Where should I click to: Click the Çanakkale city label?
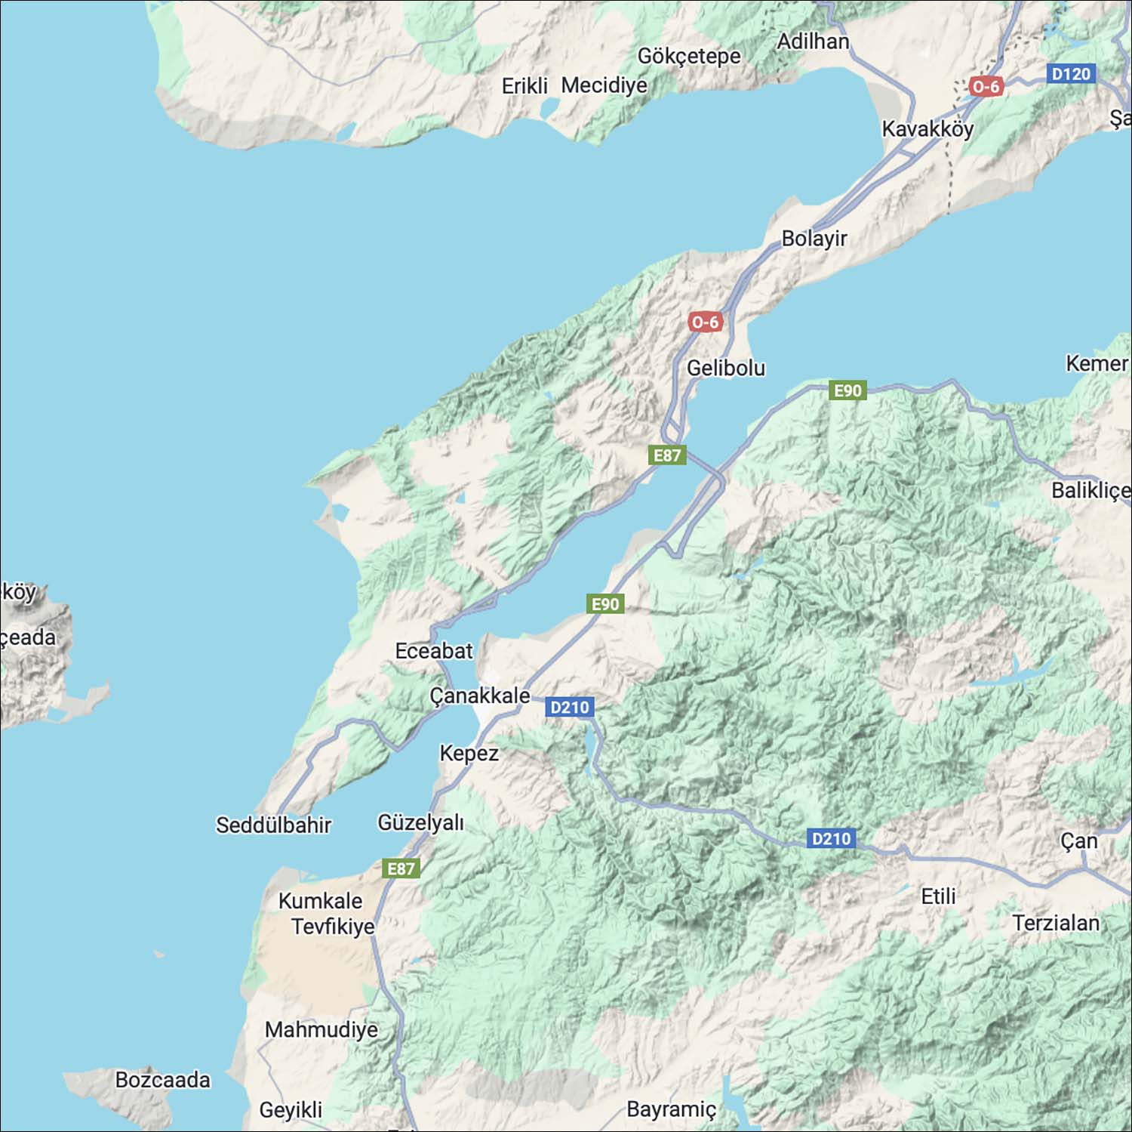click(x=480, y=695)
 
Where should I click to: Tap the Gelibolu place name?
click(x=725, y=368)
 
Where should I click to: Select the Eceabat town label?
click(x=434, y=650)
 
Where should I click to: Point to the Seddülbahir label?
click(x=273, y=825)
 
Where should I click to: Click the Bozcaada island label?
click(x=162, y=1079)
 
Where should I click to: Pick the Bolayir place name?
click(x=814, y=239)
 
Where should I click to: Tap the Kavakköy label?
click(x=927, y=129)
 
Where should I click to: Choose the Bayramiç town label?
click(x=671, y=1109)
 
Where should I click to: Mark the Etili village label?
click(x=938, y=896)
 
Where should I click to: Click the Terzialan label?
click(x=1056, y=923)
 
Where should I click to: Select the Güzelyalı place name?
click(x=420, y=822)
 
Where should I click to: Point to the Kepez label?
click(x=469, y=753)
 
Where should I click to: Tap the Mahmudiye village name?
click(x=321, y=1029)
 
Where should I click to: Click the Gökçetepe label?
click(x=689, y=56)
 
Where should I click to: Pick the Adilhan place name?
click(x=813, y=42)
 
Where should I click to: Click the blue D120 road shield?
click(x=1071, y=74)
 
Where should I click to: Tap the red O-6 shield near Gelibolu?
click(x=706, y=322)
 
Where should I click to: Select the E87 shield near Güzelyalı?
click(x=401, y=868)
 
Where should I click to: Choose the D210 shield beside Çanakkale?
click(x=570, y=708)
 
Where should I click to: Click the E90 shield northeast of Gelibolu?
click(x=847, y=390)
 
